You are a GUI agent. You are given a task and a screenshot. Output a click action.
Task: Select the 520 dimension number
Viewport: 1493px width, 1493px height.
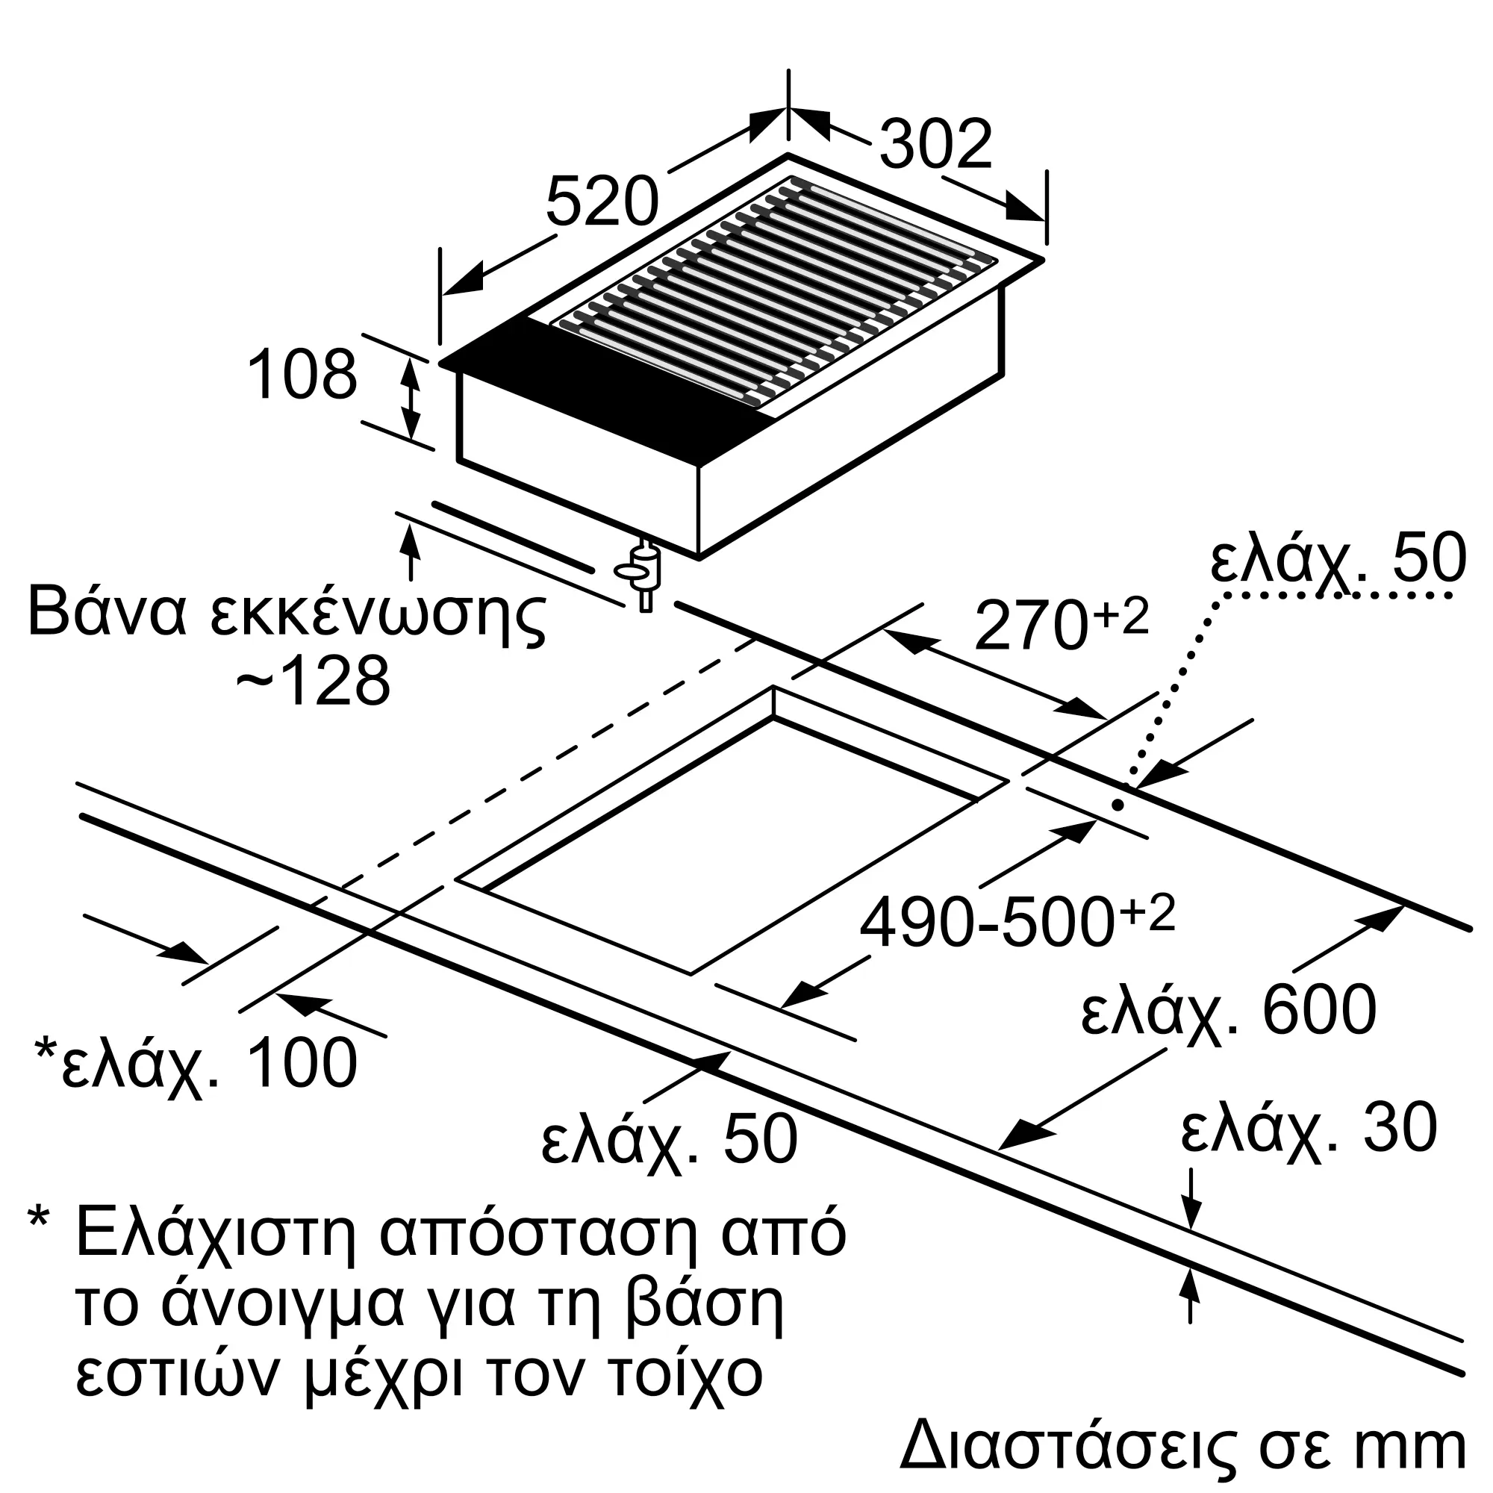[602, 202]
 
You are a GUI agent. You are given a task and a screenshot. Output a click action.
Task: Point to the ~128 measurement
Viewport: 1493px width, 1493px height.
[313, 682]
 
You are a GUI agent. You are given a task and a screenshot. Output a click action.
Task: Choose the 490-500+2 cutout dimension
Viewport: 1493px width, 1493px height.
[1016, 922]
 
